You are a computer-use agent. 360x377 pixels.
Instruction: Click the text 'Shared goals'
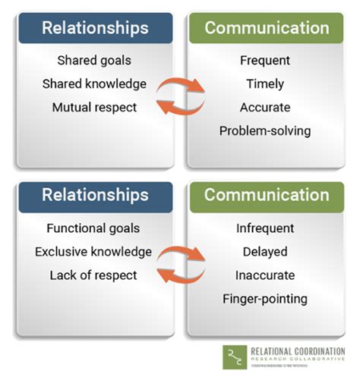point(95,60)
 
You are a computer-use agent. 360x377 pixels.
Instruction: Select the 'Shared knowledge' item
point(95,83)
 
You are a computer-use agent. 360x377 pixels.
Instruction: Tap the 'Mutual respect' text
point(95,107)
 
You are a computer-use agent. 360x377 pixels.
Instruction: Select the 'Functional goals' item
point(95,228)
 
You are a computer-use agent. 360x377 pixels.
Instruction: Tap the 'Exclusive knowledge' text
point(95,251)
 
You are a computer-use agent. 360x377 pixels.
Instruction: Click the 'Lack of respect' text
point(95,275)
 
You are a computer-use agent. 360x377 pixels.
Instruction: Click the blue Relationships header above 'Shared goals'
point(95,28)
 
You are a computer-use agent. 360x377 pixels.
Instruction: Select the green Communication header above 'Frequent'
point(267,28)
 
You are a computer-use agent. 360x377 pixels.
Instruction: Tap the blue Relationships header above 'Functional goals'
point(95,195)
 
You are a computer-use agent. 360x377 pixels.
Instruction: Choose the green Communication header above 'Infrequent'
point(267,195)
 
